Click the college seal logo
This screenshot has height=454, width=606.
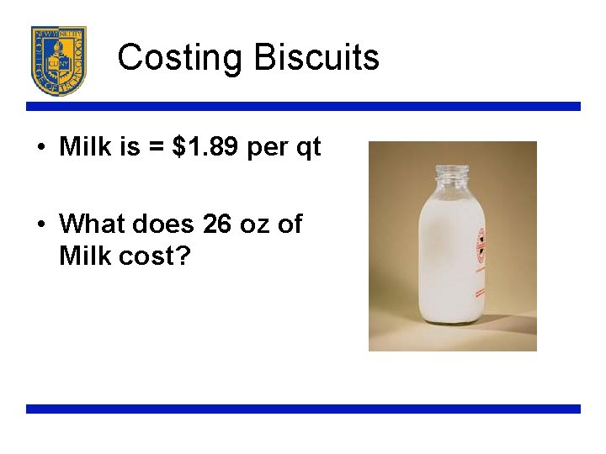(x=59, y=61)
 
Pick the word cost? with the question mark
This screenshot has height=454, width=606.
(x=157, y=255)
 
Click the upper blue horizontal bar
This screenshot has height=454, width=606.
(x=303, y=107)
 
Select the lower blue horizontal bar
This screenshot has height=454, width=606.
(x=303, y=409)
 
